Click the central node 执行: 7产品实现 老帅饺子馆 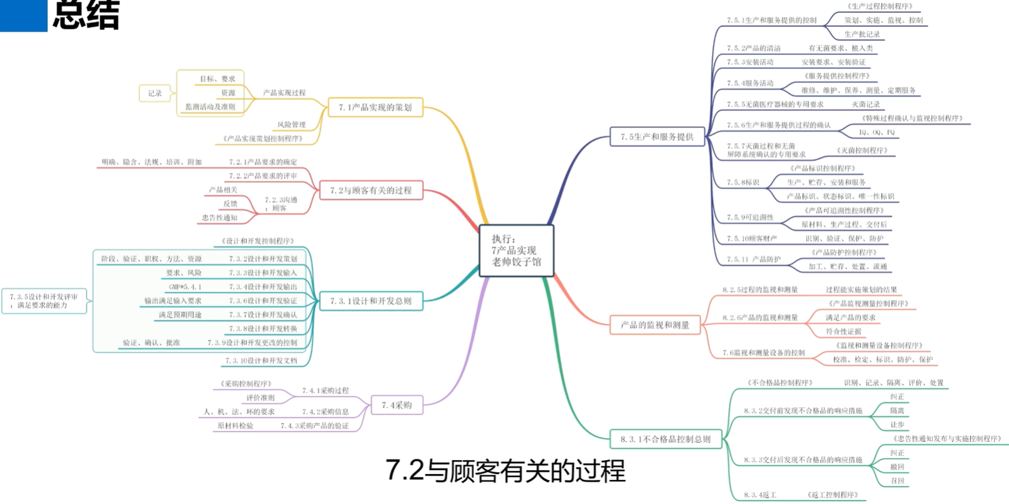[x=516, y=250]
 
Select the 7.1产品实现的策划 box [x=375, y=108]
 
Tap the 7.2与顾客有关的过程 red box [x=371, y=190]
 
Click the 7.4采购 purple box [x=396, y=405]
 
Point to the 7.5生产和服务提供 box [x=657, y=137]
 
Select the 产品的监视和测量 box [x=655, y=325]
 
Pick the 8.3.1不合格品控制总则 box [x=665, y=439]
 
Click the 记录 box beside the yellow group [x=155, y=94]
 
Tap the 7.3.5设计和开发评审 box [x=44, y=301]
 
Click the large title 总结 [x=86, y=15]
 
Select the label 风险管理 [x=291, y=125]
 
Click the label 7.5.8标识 [x=743, y=183]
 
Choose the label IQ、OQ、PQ [x=877, y=132]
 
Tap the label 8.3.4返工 [x=760, y=495]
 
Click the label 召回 [x=897, y=481]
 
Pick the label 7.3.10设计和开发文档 [x=261, y=361]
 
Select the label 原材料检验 [x=235, y=426]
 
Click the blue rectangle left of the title [x=24, y=15]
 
